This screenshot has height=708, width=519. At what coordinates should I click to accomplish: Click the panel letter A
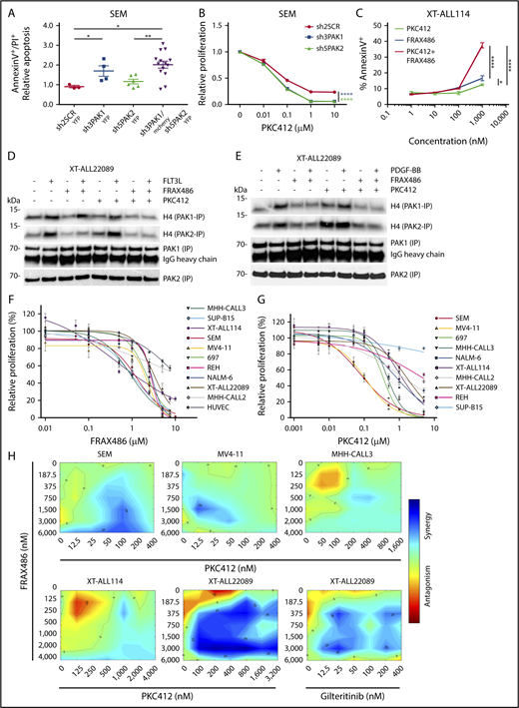[x=9, y=8]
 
